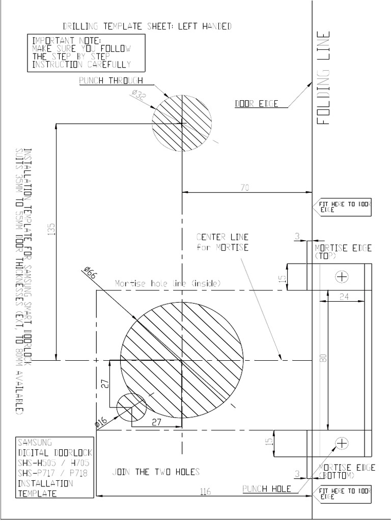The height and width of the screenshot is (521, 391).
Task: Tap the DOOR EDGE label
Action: coord(257,104)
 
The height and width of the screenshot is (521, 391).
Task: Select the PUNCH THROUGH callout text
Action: coord(111,81)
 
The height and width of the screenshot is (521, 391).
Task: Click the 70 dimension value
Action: coord(245,188)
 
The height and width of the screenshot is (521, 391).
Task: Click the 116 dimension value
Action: coord(205,491)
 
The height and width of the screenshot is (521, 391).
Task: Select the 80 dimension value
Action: coord(322,358)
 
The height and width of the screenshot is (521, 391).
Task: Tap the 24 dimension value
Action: coord(344,297)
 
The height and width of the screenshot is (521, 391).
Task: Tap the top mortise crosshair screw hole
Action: coord(342,276)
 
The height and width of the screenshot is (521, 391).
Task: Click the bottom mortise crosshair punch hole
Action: coord(342,443)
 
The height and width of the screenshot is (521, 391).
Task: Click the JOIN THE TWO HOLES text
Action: coord(156,472)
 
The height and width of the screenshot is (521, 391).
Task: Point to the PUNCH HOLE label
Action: coord(267,488)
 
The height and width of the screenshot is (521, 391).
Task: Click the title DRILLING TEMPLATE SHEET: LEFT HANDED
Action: coord(147,26)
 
